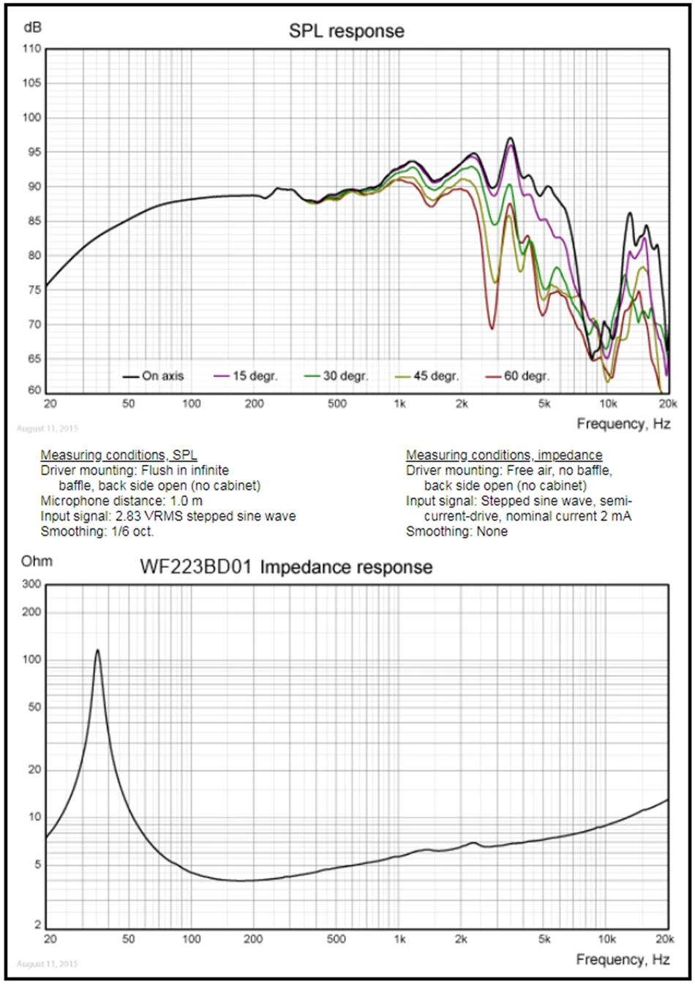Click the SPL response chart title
pos(346,31)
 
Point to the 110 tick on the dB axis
pos(31,49)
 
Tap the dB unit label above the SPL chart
pos(33,28)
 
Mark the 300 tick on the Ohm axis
pos(31,584)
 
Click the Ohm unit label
pos(37,561)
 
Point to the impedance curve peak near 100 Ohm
pos(97,650)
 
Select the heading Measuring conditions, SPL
pos(119,455)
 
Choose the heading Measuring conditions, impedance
pos(504,455)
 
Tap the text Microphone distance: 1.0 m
pos(121,501)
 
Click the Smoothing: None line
pos(457,531)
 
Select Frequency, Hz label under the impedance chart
pos(623,959)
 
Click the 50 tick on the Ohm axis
pos(34,707)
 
